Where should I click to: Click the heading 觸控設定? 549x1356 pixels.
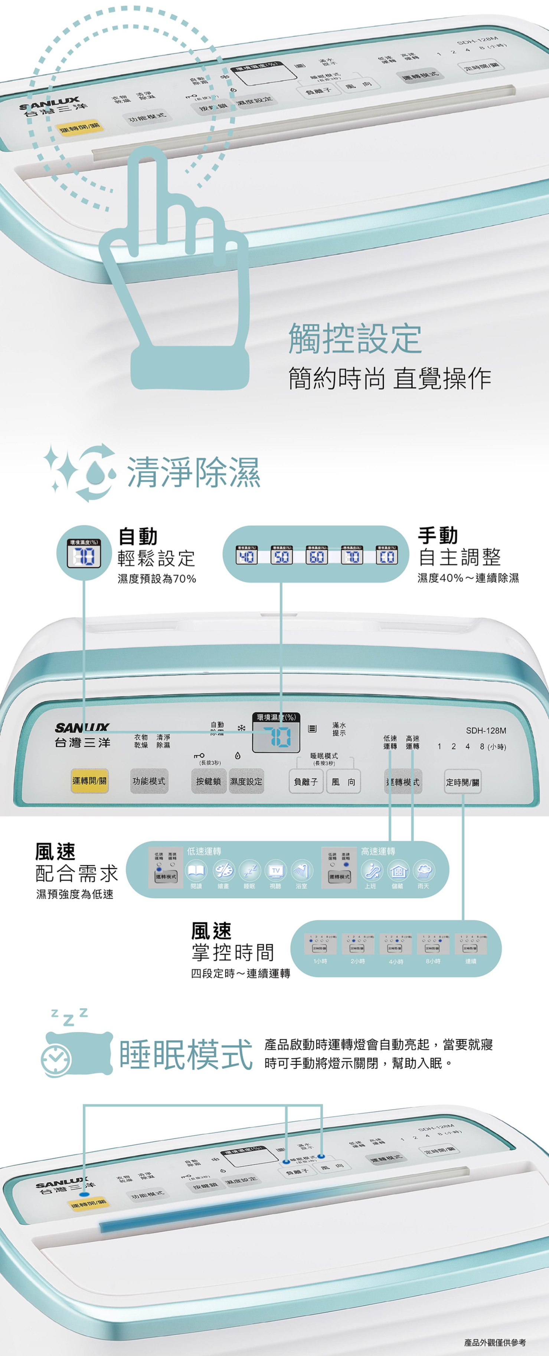pos(354,339)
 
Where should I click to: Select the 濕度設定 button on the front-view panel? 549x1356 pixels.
pos(246,782)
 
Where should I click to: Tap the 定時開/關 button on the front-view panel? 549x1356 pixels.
pos(462,782)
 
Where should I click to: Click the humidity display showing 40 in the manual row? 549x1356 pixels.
pos(246,555)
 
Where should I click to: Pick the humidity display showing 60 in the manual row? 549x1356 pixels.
pos(317,555)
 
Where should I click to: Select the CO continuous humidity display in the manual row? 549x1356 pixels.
pos(387,555)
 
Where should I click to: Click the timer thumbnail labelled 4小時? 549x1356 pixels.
pos(396,945)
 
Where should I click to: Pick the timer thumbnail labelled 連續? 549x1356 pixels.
pos(471,945)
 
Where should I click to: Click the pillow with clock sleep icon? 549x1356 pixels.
pos(76,1053)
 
